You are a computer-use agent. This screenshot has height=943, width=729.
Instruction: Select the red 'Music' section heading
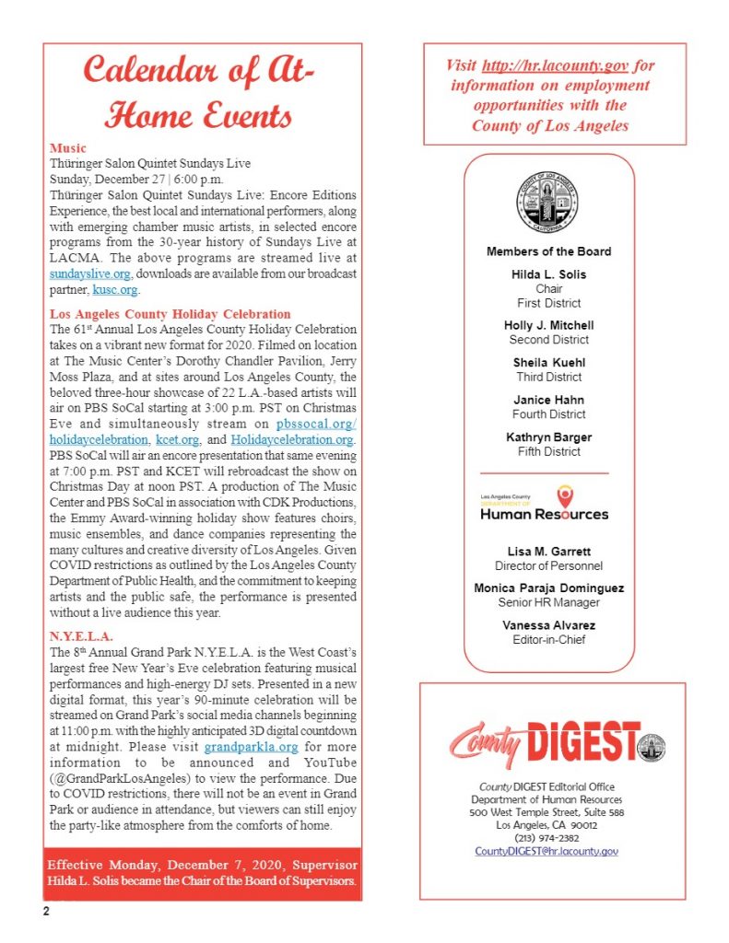click(x=68, y=147)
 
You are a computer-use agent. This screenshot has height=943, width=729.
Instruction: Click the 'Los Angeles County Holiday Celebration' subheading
click(x=170, y=314)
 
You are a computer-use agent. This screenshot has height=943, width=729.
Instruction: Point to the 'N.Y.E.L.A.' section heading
click(x=82, y=636)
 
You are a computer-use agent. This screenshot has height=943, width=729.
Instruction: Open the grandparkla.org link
click(x=252, y=747)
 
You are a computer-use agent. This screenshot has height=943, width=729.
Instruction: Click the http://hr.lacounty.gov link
click(x=562, y=66)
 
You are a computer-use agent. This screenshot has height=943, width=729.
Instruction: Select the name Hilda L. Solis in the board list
click(x=549, y=274)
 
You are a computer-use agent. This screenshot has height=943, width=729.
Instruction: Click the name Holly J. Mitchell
click(x=549, y=325)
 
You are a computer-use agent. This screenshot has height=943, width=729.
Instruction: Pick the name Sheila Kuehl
click(x=549, y=363)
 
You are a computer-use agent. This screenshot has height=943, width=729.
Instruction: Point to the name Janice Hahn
click(x=549, y=400)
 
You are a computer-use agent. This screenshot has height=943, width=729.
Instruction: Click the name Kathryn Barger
click(x=549, y=437)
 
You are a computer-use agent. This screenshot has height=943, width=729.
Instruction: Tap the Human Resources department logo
click(x=545, y=504)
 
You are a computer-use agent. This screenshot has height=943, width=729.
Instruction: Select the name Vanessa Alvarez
click(x=549, y=626)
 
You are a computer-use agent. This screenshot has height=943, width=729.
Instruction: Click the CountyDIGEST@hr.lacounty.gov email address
click(x=547, y=851)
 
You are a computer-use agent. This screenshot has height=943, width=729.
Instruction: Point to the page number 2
click(x=43, y=912)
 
